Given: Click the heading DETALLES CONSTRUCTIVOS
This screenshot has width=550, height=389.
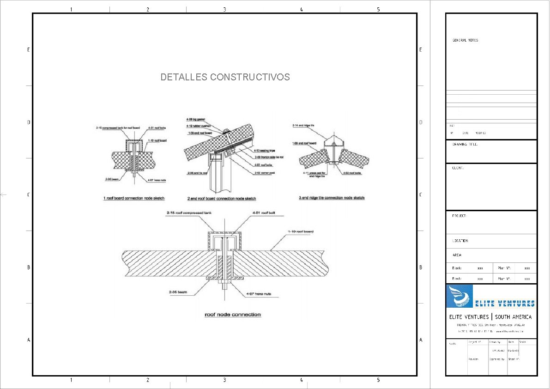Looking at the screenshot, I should tap(225, 77).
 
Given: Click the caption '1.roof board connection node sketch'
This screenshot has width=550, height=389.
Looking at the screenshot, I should tap(133, 198).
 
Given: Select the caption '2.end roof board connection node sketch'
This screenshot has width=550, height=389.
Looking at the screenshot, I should tap(222, 198).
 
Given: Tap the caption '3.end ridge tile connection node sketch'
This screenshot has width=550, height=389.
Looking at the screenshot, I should tap(332, 198).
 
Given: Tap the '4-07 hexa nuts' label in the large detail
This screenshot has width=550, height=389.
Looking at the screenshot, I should tap(259, 293).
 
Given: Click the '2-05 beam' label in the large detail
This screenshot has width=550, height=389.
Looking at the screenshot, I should tap(178, 292).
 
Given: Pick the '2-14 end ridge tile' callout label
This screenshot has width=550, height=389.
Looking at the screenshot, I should tap(303, 125).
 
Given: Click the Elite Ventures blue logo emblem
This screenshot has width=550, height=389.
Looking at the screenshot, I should tap(460, 296).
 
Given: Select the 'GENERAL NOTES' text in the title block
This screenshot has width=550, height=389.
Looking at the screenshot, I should tap(465, 40).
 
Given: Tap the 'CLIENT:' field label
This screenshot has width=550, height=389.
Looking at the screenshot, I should tap(458, 168).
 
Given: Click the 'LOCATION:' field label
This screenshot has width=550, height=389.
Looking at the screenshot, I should tap(460, 241).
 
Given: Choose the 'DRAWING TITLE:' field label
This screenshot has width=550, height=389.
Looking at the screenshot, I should tap(465, 144).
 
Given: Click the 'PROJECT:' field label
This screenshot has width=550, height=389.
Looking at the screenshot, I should tap(459, 216).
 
